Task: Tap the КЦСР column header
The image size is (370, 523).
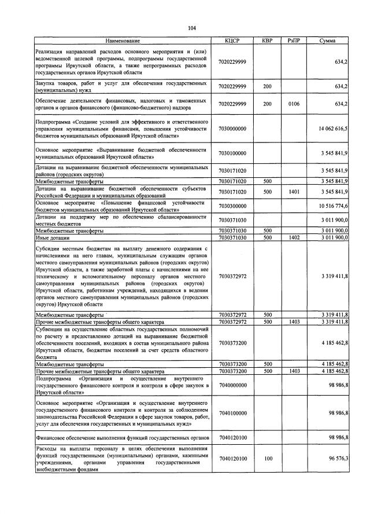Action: pos(232,41)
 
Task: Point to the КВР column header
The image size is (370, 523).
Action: pos(267,41)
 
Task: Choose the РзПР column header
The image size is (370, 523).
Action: pos(293,41)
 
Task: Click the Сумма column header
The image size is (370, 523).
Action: pos(328,41)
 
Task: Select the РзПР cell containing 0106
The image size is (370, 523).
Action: pos(293,104)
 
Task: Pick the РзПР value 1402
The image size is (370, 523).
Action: pos(293,237)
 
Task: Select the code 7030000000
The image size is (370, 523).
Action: pos(232,129)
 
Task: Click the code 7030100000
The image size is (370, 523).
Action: pos(232,153)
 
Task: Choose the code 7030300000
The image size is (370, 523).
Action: pos(232,206)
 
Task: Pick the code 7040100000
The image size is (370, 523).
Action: pos(232,413)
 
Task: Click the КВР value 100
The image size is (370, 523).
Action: pos(267,458)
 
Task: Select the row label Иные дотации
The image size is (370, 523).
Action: pos(51,237)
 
